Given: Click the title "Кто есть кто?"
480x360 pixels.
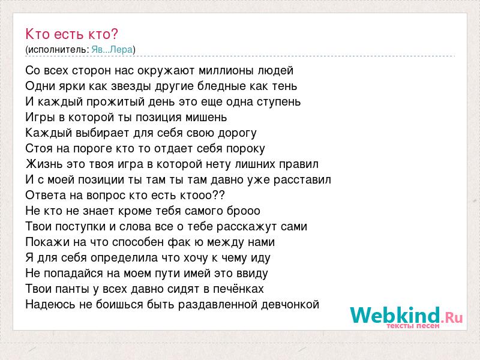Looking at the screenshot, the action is click(x=71, y=34).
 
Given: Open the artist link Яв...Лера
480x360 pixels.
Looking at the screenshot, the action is click(x=112, y=50).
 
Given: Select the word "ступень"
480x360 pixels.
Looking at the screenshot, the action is click(x=278, y=102).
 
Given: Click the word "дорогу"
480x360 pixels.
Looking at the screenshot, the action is click(x=237, y=133).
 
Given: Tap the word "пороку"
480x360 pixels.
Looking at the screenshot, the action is click(x=245, y=149).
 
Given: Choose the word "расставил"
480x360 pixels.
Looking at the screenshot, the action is click(x=302, y=179).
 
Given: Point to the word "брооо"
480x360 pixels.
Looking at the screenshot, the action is click(x=244, y=211).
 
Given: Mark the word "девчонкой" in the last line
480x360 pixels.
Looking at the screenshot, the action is click(x=290, y=305).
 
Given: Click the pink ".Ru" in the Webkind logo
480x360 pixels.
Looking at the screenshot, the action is click(x=452, y=317).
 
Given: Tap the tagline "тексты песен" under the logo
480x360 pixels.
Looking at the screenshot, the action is click(x=413, y=326).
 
